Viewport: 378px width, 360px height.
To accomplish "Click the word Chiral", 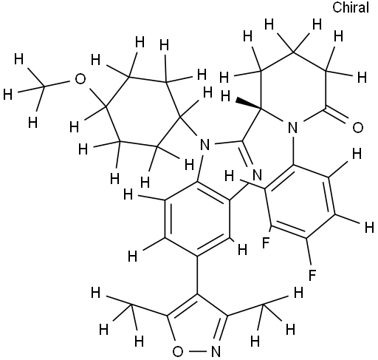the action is [351, 7].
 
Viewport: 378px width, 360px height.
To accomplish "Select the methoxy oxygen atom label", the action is [80, 79].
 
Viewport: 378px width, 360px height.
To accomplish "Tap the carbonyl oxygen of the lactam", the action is [358, 128].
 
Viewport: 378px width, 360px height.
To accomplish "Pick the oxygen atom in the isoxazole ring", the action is [178, 352].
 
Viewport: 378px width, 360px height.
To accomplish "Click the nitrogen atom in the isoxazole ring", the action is [216, 352].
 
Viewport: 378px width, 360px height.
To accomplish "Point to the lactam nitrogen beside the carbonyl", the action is [292, 128].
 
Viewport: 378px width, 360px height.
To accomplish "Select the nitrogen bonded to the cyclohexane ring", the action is [205, 145].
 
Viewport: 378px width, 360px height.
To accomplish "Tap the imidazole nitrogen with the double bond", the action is [257, 175].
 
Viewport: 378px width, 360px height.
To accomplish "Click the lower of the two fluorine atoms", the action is [312, 275].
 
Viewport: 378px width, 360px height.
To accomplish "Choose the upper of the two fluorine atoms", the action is [267, 242].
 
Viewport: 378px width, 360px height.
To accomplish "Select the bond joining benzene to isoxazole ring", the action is [197, 275].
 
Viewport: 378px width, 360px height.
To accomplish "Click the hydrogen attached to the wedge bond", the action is [225, 96].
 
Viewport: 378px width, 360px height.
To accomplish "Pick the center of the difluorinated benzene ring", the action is [300, 202].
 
